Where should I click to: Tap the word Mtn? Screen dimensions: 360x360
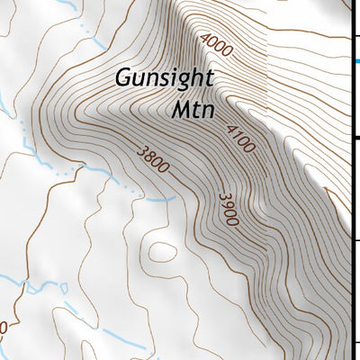tap(191, 111)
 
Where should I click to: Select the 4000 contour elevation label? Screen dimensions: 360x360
tap(218, 45)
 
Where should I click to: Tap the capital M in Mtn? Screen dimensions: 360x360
tap(179, 111)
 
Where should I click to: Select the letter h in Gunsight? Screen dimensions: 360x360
tap(186, 77)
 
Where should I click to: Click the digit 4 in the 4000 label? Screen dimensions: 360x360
tap(206, 37)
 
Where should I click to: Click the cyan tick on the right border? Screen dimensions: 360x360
tap(355, 60)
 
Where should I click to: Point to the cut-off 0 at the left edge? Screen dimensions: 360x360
tap(3, 327)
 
